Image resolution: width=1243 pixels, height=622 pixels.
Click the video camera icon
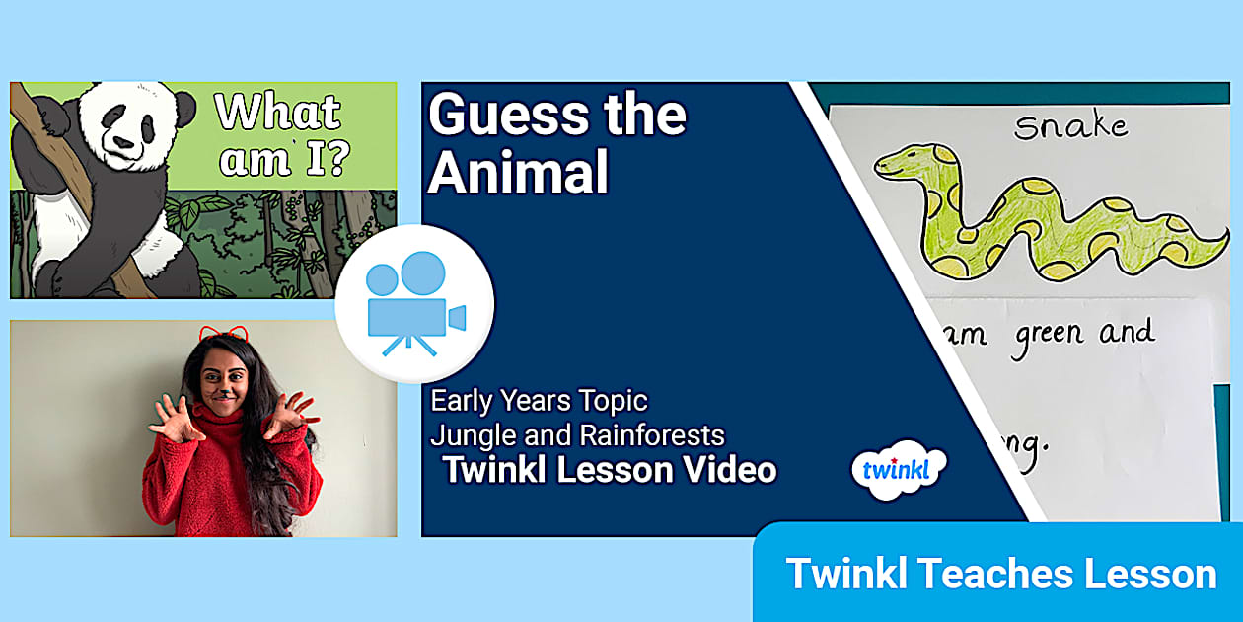click(x=414, y=303)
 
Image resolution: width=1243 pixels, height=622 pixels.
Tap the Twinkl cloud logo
click(x=898, y=468)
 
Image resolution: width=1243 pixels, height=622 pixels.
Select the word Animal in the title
click(x=518, y=173)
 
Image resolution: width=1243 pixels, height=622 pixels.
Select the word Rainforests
click(x=651, y=434)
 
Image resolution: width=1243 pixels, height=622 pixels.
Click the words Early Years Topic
click(x=539, y=401)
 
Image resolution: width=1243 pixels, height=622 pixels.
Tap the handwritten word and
click(x=1127, y=331)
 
